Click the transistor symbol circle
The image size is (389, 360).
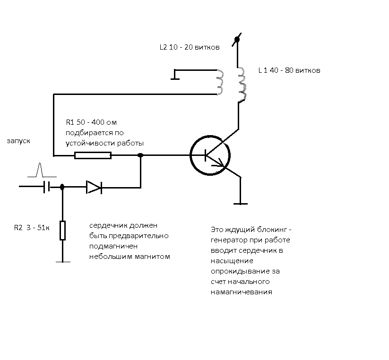pos(190,155)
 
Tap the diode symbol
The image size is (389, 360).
pos(94,187)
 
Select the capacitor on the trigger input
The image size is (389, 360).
pos(47,187)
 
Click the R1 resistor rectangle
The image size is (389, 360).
pos(93,155)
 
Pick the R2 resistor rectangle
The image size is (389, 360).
pos(62,231)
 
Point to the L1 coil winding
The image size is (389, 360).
pos(242,84)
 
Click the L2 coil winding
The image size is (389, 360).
pos(220,82)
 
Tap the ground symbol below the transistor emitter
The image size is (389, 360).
pos(241,204)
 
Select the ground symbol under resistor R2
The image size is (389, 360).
pos(63,262)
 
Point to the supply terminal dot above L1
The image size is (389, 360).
pos(237,39)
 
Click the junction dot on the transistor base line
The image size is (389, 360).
pos(140,155)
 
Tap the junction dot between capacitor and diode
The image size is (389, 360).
pos(62,187)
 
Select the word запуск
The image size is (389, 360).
pos(18,141)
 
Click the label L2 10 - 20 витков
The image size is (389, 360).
pos(190,47)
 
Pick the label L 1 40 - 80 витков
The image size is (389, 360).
pos(289,70)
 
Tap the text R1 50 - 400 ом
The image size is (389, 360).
pos(91,122)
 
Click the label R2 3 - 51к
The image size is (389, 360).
pos(32,228)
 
